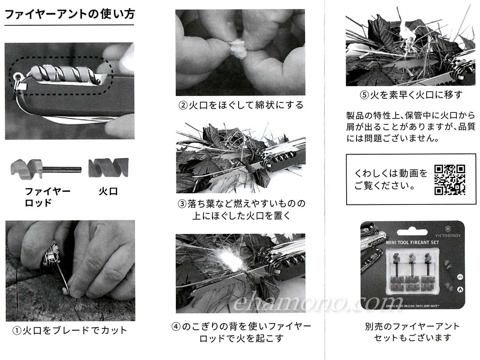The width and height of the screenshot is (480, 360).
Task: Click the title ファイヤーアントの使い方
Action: tap(70, 14)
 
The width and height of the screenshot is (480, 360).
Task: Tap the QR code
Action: tap(450, 180)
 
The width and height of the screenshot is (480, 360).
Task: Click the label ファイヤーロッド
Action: tap(48, 197)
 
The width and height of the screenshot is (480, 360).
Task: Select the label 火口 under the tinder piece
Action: tap(108, 192)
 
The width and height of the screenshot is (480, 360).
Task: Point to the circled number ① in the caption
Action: tap(16, 331)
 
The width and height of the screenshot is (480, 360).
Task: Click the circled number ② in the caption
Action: tap(183, 105)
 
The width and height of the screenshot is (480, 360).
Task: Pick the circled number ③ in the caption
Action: tap(183, 204)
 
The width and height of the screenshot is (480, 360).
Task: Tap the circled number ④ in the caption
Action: tap(176, 327)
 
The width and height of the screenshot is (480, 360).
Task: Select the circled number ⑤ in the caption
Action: tap(364, 95)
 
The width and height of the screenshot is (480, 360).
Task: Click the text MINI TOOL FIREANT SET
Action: tap(412, 243)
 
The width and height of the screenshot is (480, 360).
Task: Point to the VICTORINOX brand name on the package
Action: tap(448, 236)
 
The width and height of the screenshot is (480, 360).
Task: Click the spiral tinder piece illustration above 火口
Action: tap(108, 168)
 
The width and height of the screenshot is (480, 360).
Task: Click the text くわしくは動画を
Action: tap(391, 173)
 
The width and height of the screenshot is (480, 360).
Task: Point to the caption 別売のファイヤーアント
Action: tap(412, 326)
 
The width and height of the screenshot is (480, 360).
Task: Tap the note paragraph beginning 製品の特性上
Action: tap(411, 127)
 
